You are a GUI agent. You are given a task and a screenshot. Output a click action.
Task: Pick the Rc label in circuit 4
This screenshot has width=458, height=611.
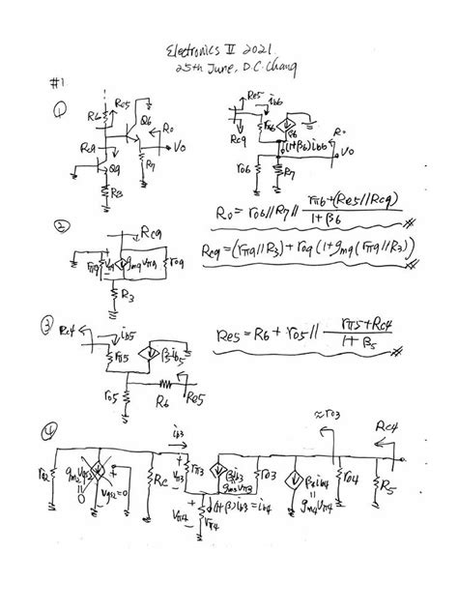click(160, 479)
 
